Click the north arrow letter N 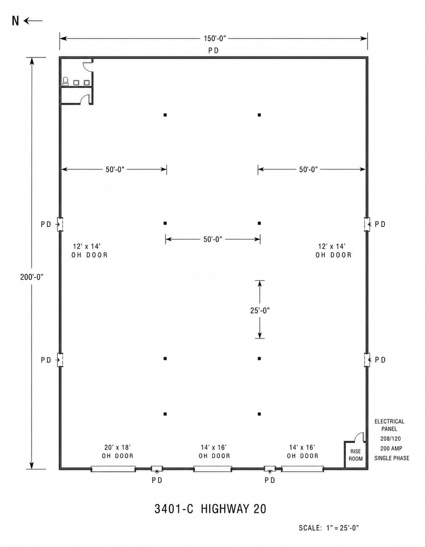(15, 21)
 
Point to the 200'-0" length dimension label (32, 277)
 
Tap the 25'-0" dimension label (260, 311)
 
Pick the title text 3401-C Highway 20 (210, 509)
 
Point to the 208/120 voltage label (390, 439)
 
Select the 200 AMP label (391, 448)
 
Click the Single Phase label (392, 458)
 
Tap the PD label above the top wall (214, 51)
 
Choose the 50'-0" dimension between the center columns (213, 239)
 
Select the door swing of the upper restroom (86, 66)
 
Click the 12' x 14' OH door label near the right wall (334, 250)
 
